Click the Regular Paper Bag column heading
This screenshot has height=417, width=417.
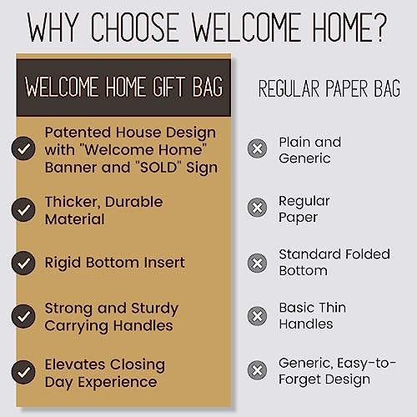coord(329,88)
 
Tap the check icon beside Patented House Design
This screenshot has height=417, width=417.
coord(23,149)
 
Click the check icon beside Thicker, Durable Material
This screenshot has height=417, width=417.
coord(23,210)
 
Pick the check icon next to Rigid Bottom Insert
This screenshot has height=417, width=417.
coord(23,263)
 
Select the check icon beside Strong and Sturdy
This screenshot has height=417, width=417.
coord(23,316)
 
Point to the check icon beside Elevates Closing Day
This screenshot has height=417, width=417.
coord(23,373)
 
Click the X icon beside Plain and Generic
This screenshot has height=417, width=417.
coord(258,149)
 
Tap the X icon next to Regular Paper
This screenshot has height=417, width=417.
coord(258,209)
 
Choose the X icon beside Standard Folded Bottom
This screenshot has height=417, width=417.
coord(258,263)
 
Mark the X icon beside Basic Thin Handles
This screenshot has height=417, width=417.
coord(258,316)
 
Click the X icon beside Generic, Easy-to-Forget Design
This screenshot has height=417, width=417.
coord(258,369)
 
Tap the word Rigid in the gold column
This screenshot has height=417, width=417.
coord(65,263)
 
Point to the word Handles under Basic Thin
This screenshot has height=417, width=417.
coord(305,324)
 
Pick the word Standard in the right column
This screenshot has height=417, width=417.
coord(310,254)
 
